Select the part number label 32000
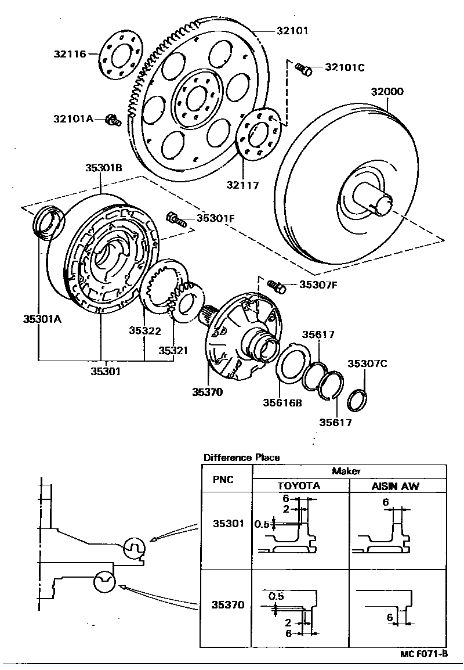pyautogui.click(x=387, y=92)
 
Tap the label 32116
pyautogui.click(x=70, y=54)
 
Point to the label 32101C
pyautogui.click(x=345, y=67)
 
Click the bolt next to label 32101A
pyautogui.click(x=113, y=120)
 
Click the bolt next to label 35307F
pyautogui.click(x=278, y=286)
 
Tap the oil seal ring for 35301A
pyautogui.click(x=48, y=224)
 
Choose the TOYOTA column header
pyautogui.click(x=299, y=485)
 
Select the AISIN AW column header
pyautogui.click(x=395, y=485)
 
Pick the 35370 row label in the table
pyautogui.click(x=224, y=604)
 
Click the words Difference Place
pyautogui.click(x=241, y=458)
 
